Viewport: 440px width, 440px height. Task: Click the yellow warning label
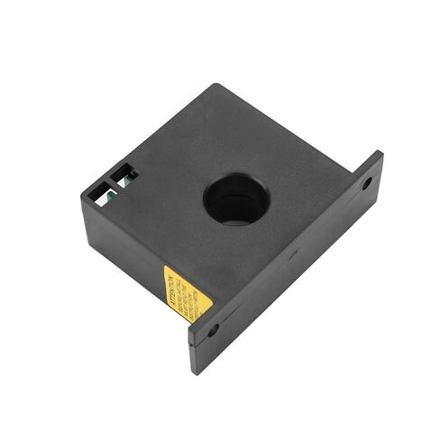pyautogui.click(x=186, y=293)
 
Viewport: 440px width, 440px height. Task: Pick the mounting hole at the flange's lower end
pyautogui.click(x=213, y=331)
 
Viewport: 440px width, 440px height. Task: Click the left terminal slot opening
pyautogui.click(x=100, y=190)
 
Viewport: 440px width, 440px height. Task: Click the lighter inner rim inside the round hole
pyautogui.click(x=237, y=217)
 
